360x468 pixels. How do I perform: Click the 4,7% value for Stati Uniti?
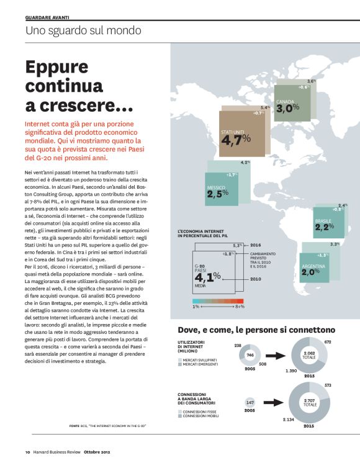tap(236, 141)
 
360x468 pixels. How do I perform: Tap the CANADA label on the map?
tap(285, 101)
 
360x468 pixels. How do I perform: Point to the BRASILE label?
tap(323, 221)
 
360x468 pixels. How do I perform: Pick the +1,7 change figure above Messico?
tap(232, 175)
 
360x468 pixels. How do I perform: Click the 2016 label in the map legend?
tap(256, 246)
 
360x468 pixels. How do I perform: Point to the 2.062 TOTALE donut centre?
tap(310, 355)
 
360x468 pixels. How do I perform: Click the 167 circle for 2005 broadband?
tap(250, 403)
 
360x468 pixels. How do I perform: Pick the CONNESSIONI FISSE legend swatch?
tap(180, 410)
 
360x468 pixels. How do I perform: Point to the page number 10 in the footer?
tap(28, 451)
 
